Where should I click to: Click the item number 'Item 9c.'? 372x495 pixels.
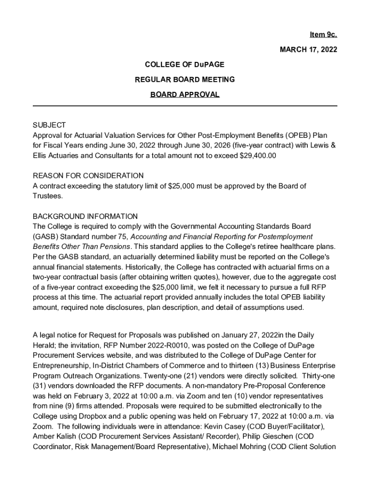323,35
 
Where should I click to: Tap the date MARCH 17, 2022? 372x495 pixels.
309,49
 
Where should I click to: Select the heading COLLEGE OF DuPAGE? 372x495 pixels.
185,64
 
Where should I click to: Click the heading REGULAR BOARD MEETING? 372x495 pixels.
185,79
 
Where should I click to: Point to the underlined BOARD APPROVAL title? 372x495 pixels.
185,94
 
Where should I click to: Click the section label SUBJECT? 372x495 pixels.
49,125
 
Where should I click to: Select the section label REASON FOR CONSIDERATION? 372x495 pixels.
88,175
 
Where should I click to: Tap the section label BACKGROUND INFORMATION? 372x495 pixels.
85,216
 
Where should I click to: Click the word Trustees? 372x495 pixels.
48,196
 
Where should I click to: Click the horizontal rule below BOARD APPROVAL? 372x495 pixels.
185,105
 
